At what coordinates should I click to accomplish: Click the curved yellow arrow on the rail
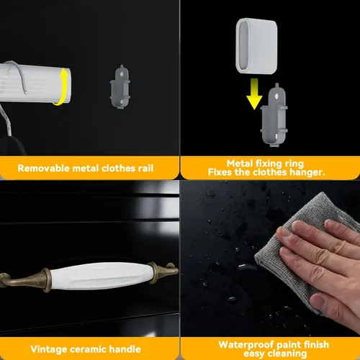63,86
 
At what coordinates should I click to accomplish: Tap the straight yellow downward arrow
254,94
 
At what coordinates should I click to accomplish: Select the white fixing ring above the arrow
256,45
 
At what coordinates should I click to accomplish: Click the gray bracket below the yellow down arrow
274,115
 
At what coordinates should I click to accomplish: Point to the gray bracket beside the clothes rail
120,87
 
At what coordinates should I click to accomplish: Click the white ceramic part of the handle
102,276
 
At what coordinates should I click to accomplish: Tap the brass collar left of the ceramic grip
46,280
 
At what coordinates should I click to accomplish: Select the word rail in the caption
145,168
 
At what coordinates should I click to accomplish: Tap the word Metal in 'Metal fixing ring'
240,163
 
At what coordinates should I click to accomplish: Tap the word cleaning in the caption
287,354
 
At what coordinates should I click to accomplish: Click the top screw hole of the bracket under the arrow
276,96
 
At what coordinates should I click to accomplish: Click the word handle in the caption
125,349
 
